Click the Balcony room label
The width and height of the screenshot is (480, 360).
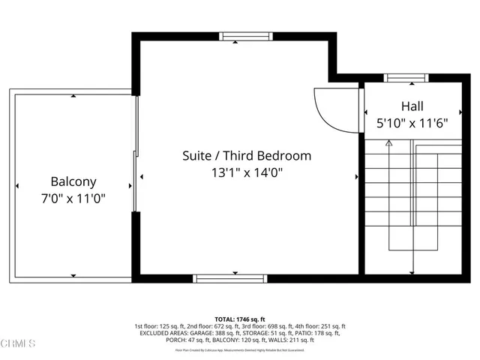73,181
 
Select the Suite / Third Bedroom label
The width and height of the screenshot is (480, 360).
247,156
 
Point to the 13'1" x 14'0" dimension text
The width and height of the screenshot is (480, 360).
247,172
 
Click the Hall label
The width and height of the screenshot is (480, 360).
412,106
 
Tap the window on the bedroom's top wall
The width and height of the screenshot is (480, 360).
235,35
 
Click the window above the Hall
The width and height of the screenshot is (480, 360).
406,76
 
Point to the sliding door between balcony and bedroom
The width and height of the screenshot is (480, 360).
136,181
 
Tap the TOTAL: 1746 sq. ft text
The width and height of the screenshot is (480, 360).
240,319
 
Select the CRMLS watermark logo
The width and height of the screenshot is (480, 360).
18,344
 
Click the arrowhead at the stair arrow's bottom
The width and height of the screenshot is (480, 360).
413,271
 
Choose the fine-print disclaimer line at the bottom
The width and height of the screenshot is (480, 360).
240,349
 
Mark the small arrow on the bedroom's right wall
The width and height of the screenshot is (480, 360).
356,178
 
